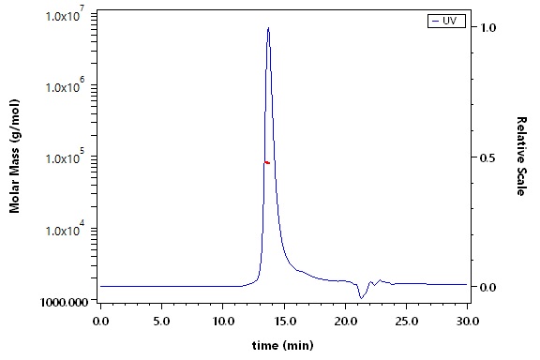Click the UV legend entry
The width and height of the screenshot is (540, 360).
446,21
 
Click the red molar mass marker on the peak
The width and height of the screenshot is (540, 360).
267,162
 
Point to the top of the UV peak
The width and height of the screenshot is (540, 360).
268,27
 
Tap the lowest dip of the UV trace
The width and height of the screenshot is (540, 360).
361,298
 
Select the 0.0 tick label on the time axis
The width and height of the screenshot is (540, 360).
100,322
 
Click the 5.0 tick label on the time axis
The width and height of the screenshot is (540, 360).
161,322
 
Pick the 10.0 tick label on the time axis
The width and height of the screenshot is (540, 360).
223,322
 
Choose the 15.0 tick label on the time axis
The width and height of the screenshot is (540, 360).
284,322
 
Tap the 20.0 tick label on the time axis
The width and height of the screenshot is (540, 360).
345,322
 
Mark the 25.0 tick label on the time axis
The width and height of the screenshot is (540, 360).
406,322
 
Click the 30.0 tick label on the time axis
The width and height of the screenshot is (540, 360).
468,322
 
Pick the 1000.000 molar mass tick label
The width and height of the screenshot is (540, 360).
65,302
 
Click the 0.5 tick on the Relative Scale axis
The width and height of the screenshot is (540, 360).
488,157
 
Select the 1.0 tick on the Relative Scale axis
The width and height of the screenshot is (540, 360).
488,27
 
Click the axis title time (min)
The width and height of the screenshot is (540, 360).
283,345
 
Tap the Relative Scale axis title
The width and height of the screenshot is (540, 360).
522,157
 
